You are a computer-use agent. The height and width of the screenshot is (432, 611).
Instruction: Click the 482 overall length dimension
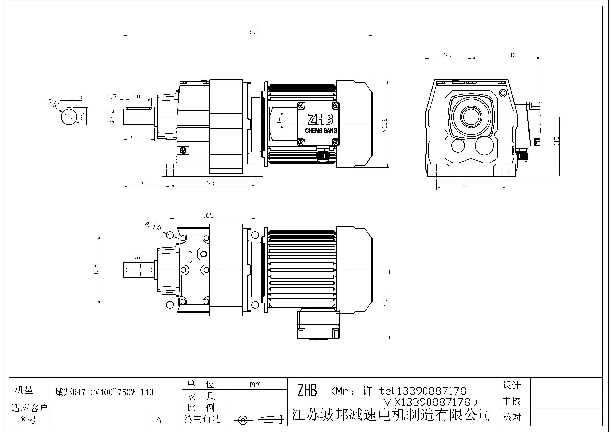[x=252, y=32]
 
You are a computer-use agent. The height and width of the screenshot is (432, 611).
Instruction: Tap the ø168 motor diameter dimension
[x=384, y=125]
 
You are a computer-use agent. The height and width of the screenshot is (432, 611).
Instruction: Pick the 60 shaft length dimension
[x=135, y=136]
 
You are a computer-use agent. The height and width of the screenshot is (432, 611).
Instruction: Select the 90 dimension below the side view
[x=143, y=183]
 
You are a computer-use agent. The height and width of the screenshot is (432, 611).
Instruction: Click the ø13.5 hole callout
[x=153, y=225]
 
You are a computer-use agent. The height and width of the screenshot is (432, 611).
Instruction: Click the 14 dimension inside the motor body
[x=279, y=120]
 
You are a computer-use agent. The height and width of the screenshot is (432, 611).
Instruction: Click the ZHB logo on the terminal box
[x=320, y=119]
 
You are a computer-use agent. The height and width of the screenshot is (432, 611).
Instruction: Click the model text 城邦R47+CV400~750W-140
[x=104, y=392]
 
